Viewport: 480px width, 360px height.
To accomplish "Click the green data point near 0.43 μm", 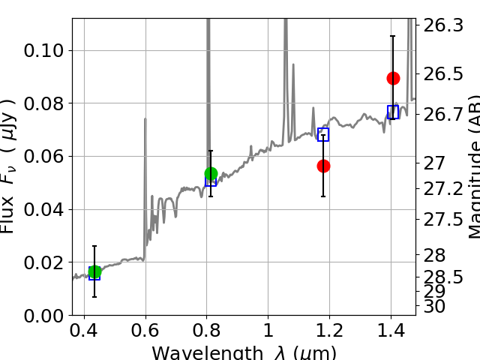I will click(94, 272).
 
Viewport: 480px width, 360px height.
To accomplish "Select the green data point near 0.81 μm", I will click(211, 174).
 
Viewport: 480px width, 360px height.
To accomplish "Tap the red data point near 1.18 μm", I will click(323, 166).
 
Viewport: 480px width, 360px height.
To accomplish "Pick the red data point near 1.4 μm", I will click(393, 78).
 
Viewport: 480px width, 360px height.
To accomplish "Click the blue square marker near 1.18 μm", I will click(323, 135).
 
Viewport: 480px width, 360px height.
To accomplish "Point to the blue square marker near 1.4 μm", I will click(393, 112).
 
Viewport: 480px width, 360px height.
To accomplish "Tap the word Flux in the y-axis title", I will click(9, 217).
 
